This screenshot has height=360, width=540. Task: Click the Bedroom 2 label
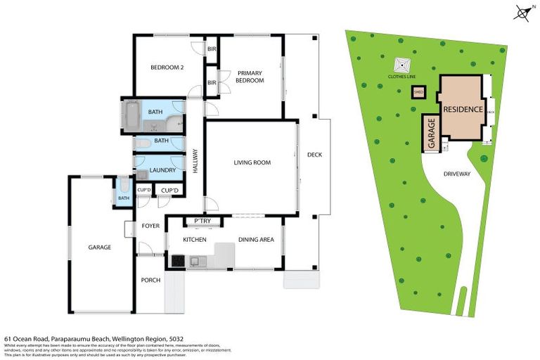tap(167, 67)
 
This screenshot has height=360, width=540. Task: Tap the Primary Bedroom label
tap(250, 77)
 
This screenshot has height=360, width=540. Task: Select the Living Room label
tap(252, 162)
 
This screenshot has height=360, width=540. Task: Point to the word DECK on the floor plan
tap(314, 155)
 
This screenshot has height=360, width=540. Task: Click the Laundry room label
tap(162, 170)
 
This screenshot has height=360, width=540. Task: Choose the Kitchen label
tap(195, 240)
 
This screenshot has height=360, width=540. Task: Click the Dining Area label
tap(256, 240)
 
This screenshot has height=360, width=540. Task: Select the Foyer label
tap(150, 226)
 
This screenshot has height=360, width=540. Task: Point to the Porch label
tap(150, 280)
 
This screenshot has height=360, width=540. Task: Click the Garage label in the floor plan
tap(100, 247)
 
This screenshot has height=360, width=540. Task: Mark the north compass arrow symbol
tap(522, 12)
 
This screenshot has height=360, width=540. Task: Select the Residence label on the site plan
tap(463, 110)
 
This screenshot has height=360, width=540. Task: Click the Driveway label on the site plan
tap(456, 174)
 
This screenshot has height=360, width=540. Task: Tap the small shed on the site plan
tap(418, 91)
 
